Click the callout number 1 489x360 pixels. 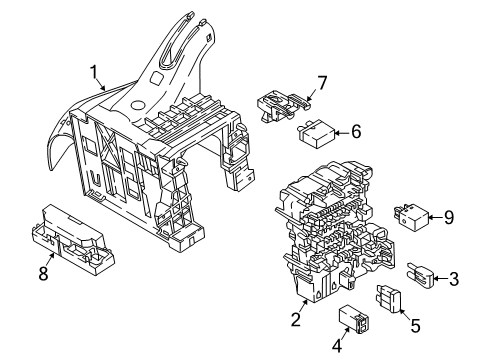[x=94, y=72]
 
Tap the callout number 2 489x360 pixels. [x=296, y=319]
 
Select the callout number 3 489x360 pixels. [x=454, y=279]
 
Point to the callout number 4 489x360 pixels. [x=337, y=345]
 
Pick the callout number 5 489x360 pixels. [x=415, y=326]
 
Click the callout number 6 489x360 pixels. [x=356, y=132]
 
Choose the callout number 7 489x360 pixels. [x=322, y=83]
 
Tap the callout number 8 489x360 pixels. [x=43, y=274]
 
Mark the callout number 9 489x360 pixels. [x=449, y=218]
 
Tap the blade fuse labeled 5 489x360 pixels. [x=389, y=298]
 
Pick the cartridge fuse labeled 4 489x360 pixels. [x=353, y=319]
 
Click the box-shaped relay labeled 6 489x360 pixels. [x=316, y=134]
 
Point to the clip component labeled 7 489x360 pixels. [x=284, y=105]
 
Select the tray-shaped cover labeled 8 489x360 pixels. [x=73, y=240]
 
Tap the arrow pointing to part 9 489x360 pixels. [x=435, y=218]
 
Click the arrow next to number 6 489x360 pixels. [x=342, y=133]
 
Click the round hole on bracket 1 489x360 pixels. [x=137, y=105]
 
